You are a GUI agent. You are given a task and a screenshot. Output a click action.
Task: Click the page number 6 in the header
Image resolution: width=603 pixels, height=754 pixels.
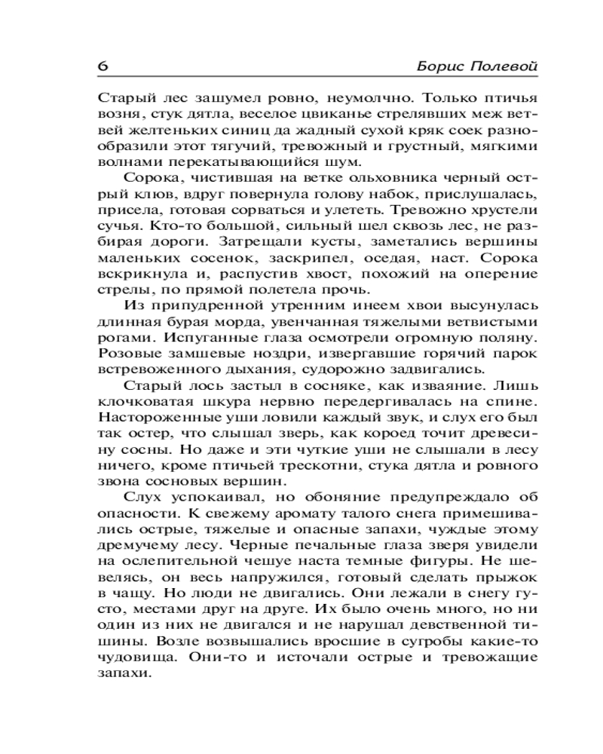(103, 66)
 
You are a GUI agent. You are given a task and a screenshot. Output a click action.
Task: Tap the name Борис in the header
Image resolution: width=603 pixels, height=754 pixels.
(439, 66)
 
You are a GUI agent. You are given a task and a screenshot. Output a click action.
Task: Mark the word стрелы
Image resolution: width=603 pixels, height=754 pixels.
(117, 290)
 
